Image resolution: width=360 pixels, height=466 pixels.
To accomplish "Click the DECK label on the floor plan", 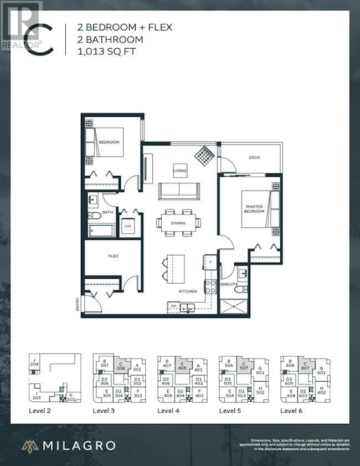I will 254,157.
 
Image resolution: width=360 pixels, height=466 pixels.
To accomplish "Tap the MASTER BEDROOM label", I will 255,209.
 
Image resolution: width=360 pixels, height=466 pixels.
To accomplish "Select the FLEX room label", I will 114,256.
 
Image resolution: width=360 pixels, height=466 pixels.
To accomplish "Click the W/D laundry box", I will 128,226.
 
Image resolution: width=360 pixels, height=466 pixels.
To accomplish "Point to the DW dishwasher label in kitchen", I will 174,305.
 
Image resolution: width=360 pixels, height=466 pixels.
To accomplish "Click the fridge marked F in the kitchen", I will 210,261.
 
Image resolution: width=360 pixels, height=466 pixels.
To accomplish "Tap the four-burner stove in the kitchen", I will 210,286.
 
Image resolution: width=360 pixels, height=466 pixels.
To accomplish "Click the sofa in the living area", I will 179,191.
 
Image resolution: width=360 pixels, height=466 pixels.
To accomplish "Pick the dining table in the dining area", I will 178,223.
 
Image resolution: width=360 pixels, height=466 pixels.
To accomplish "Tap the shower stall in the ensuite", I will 233,306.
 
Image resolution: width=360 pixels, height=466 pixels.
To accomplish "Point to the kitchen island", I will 173,268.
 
